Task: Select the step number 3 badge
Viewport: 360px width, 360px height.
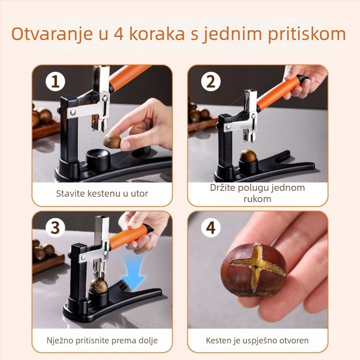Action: (x=55, y=228)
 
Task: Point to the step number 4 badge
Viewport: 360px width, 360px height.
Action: (x=211, y=228)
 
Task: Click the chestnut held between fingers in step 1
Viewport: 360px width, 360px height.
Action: (x=111, y=141)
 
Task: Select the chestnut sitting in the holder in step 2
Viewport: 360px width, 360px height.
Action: (x=248, y=156)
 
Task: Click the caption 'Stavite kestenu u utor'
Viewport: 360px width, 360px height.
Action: (x=102, y=193)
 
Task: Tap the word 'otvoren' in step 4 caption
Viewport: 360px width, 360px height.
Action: (x=293, y=340)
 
